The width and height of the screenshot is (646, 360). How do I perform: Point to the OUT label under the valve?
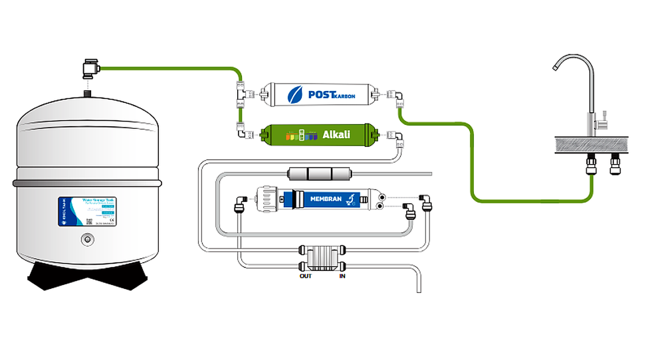(x=305, y=275)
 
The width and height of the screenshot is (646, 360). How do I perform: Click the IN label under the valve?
(x=342, y=275)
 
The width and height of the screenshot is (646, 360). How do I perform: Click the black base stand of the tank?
(x=86, y=278)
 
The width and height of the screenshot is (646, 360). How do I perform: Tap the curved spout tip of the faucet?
(x=557, y=67)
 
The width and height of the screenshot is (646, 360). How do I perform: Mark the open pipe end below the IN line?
(x=419, y=288)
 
